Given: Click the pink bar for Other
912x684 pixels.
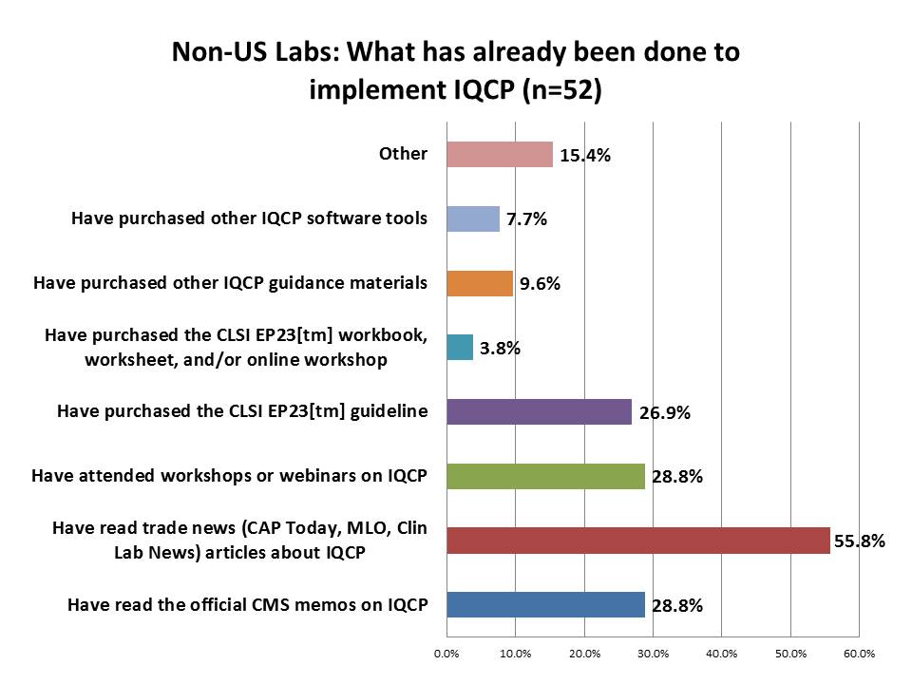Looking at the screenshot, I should [x=499, y=154].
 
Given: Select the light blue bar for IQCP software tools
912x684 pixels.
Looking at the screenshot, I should [x=472, y=218].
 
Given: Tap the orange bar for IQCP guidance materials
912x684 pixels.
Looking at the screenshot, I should [x=479, y=283].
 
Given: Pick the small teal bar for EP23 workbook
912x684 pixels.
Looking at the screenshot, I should [x=460, y=348].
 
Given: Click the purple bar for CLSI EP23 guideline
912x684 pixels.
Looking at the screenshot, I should [x=539, y=411].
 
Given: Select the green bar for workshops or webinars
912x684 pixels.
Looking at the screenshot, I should [x=545, y=476].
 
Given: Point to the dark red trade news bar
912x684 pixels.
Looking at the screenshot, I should [x=637, y=541].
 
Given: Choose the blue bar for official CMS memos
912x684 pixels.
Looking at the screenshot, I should [x=545, y=605].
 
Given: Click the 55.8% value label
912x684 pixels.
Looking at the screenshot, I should [x=860, y=541].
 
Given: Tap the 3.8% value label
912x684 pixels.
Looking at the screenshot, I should [x=499, y=349].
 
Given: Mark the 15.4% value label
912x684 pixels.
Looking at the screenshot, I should [x=584, y=156].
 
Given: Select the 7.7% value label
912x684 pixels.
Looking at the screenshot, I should [x=525, y=219].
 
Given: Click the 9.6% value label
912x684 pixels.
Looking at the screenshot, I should [x=539, y=284].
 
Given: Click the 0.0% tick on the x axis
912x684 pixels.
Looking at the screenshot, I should [x=446, y=654].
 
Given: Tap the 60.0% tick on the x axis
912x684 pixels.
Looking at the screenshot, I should [x=859, y=654].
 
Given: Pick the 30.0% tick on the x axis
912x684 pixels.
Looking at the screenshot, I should [x=653, y=654].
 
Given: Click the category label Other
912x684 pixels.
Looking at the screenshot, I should [x=403, y=153].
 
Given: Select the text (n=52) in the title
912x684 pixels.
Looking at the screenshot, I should [x=558, y=89].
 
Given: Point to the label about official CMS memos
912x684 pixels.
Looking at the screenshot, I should [x=247, y=604].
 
